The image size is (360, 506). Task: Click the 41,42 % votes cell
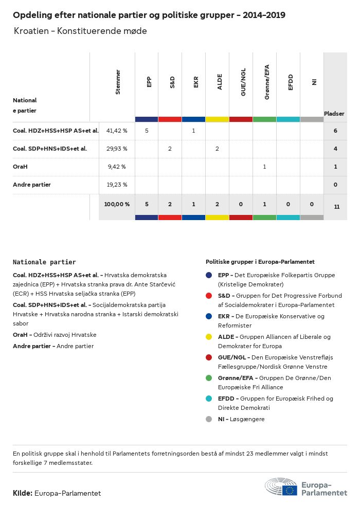(117, 131)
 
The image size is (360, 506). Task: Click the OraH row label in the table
(21, 167)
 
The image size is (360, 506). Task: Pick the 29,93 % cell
(117, 149)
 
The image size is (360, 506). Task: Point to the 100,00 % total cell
(117, 204)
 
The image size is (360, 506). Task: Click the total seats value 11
(336, 207)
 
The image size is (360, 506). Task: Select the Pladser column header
(334, 114)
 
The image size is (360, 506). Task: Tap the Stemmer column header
(118, 82)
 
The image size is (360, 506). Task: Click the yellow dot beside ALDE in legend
(209, 337)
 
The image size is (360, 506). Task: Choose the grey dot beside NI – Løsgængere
(209, 419)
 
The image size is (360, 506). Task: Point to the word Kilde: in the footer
(23, 493)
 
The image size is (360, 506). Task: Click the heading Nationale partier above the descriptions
(44, 262)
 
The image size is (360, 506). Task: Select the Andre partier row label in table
(32, 185)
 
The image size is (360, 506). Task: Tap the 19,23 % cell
(117, 185)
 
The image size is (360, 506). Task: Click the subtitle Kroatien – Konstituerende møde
(80, 31)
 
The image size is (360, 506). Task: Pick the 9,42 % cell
(117, 167)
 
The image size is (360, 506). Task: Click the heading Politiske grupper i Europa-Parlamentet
(260, 262)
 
